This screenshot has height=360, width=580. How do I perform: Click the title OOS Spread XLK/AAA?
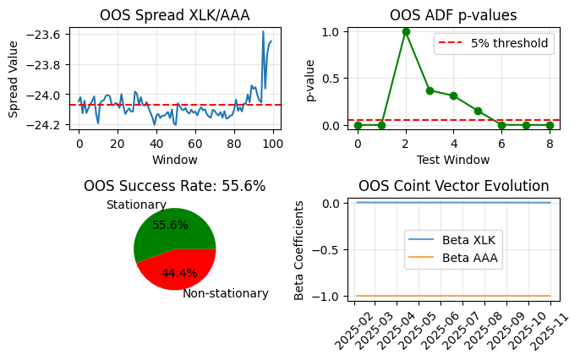pyautogui.click(x=175, y=14)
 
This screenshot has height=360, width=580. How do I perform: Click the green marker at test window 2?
pyautogui.click(x=406, y=31)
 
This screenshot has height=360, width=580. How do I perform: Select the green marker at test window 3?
pyautogui.click(x=430, y=90)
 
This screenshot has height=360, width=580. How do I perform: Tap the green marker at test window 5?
pyautogui.click(x=478, y=111)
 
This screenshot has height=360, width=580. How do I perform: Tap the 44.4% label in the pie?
pyautogui.click(x=179, y=273)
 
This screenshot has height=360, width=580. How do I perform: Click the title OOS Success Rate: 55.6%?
pyautogui.click(x=175, y=186)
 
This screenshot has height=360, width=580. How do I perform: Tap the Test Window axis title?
pyautogui.click(x=453, y=159)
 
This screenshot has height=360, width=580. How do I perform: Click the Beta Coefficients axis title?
pyautogui.click(x=299, y=249)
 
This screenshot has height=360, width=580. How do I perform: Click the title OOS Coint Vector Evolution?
pyautogui.click(x=453, y=186)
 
